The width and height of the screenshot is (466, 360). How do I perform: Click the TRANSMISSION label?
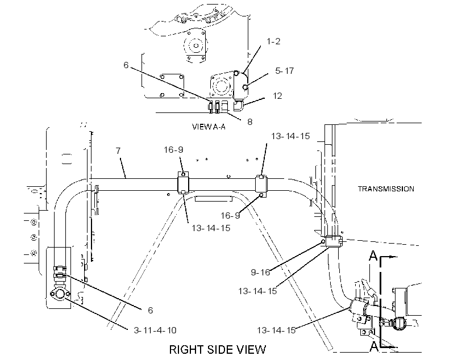[x=386, y=189]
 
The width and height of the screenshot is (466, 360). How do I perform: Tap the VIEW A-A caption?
[x=209, y=127]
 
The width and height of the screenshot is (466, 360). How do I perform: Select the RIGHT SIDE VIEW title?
[x=218, y=350]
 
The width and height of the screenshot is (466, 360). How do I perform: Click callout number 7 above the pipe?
[x=118, y=151]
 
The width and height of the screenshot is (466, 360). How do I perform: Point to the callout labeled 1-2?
[x=273, y=41]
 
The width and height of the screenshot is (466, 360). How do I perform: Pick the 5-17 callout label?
[x=284, y=70]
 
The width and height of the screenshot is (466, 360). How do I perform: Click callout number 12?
[x=277, y=96]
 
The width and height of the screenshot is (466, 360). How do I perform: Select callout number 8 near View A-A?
[x=249, y=122]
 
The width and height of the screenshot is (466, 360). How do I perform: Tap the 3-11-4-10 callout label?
[x=155, y=330]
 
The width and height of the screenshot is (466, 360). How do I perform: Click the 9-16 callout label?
[x=260, y=272]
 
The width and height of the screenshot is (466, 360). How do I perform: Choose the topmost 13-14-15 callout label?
[x=290, y=136]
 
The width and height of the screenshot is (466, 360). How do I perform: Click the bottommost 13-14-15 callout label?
[x=276, y=330]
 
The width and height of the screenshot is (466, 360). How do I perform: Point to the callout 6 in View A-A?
[x=126, y=65]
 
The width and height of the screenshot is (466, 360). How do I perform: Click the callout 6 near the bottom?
[x=151, y=311]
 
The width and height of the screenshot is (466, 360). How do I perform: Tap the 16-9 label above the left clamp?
[x=173, y=150]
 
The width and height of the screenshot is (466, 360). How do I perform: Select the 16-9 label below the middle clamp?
[x=230, y=215]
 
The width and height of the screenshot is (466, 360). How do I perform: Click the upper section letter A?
[x=373, y=256]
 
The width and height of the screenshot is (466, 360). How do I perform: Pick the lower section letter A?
[x=374, y=346]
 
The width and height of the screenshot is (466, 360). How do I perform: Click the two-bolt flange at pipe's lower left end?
[x=60, y=294]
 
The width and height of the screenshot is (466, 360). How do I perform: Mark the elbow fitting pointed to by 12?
[x=238, y=105]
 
